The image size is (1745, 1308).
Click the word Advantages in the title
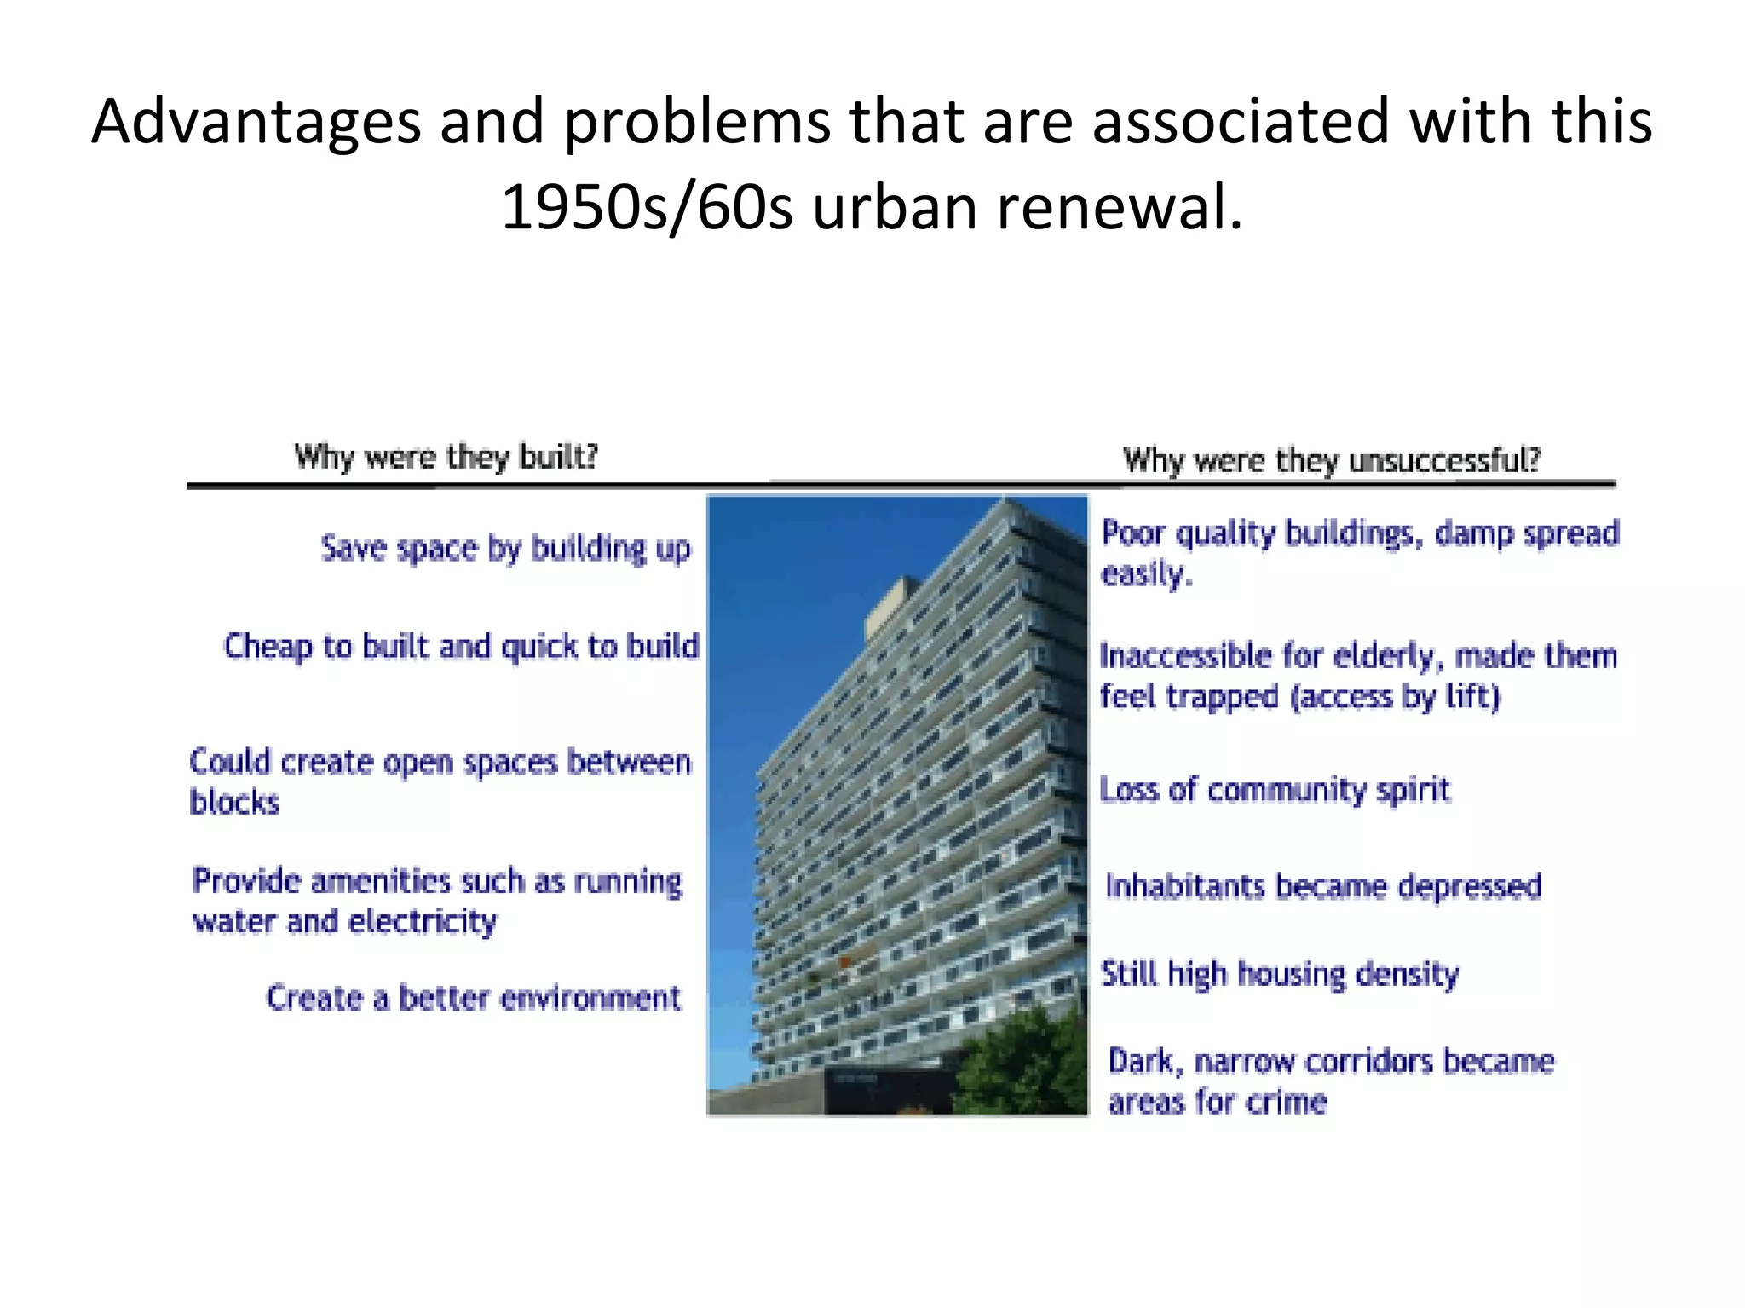click(256, 122)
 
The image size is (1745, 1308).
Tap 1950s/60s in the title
click(647, 207)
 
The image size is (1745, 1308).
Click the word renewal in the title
click(1120, 207)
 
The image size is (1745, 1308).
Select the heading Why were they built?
click(446, 457)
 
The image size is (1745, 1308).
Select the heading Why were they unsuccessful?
click(1331, 460)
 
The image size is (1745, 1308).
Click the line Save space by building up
click(505, 548)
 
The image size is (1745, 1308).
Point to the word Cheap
click(268, 647)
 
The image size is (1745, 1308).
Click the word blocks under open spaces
click(234, 803)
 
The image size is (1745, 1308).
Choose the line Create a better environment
click(474, 997)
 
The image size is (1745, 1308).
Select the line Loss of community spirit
click(1275, 790)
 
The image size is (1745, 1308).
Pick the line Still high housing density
click(1279, 973)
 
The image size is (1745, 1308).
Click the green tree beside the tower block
click(1022, 1065)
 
